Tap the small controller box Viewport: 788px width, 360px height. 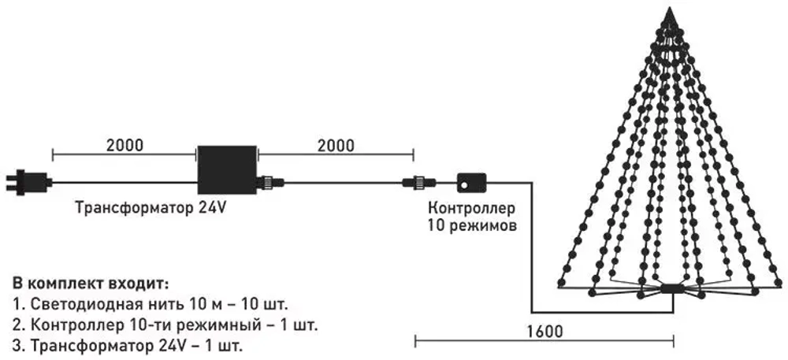tap(471, 182)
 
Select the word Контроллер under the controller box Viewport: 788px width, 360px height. tap(471, 209)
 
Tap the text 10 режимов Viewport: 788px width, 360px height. tap(471, 226)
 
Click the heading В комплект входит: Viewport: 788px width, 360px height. tap(91, 282)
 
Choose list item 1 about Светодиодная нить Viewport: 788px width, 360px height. tap(150, 303)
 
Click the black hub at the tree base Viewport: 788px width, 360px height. tap(671, 289)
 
